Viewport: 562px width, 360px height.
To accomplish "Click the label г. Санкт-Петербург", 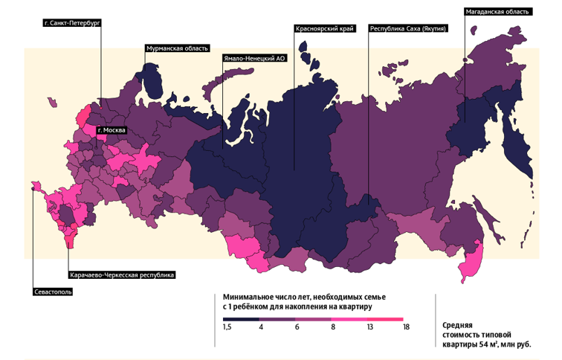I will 72,24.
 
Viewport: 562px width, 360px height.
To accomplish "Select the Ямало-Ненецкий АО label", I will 254,58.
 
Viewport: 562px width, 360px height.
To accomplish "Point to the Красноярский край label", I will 323,29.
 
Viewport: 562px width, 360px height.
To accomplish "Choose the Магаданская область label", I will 497,12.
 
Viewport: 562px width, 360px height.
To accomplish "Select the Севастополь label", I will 53,292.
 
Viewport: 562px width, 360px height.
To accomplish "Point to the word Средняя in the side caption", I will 458,325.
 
